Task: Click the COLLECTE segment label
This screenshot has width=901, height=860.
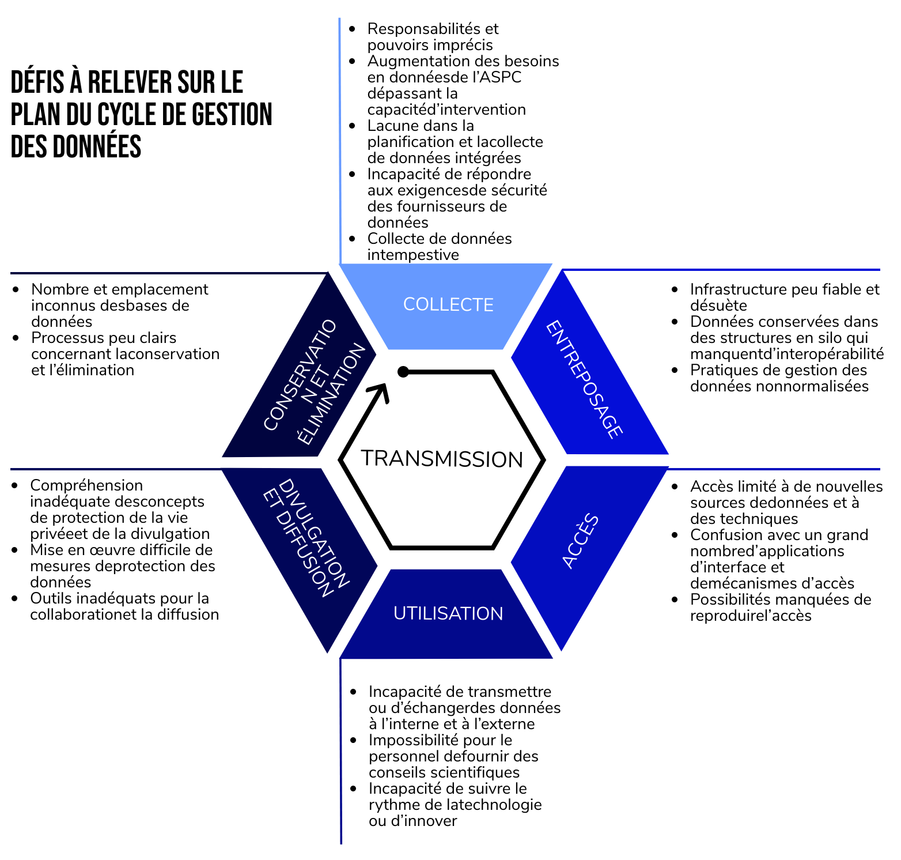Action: (448, 304)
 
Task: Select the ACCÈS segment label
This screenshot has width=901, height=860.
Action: (580, 541)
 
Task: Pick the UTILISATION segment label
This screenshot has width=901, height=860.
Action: (448, 613)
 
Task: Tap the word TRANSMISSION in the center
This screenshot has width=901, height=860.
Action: (442, 459)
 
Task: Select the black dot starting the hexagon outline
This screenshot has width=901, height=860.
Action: (403, 372)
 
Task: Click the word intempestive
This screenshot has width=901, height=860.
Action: (413, 255)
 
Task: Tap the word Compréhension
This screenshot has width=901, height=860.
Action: (86, 485)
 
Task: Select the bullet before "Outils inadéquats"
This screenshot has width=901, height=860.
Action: (17, 599)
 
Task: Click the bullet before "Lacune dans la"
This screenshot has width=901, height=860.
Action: (352, 126)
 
